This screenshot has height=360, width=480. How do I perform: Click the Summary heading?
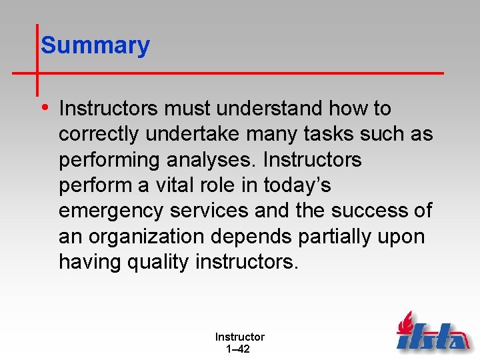pos(95,45)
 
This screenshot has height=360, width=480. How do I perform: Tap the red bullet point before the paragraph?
pos(44,107)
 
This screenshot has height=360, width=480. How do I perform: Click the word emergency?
pos(111,211)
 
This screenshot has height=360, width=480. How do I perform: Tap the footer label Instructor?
pos(239,337)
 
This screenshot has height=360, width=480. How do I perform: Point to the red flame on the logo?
pos(405,323)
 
